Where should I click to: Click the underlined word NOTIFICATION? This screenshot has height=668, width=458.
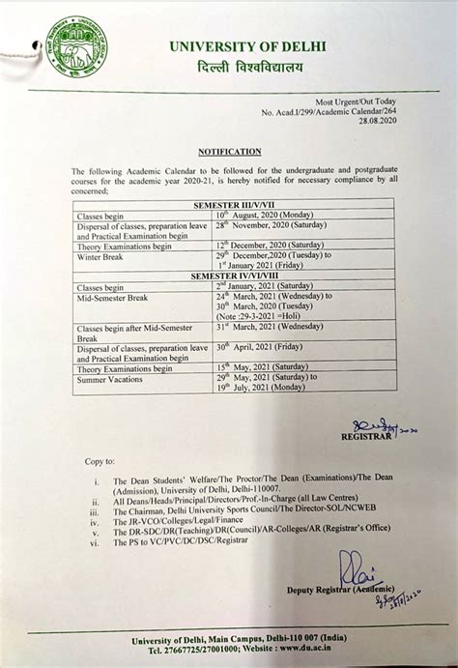(229, 152)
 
